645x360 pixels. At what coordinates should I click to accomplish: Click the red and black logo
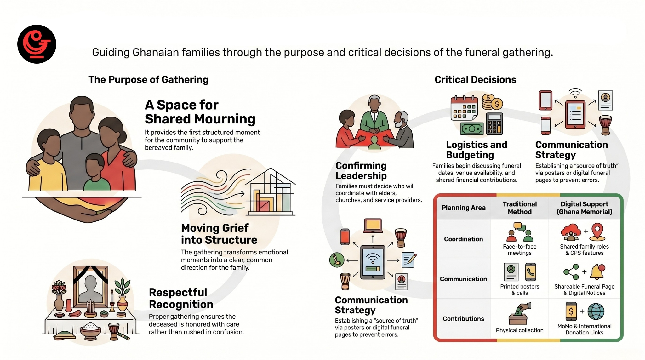37,44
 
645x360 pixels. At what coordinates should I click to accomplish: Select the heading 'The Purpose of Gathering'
148,80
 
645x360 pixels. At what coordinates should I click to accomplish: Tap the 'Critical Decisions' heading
475,80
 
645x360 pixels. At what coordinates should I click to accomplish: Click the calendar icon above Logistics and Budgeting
464,108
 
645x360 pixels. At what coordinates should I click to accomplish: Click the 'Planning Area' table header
463,208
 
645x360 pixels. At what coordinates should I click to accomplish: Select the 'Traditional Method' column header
520,208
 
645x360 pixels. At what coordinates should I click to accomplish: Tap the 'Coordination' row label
463,239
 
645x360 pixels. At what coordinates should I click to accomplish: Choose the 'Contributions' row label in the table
463,319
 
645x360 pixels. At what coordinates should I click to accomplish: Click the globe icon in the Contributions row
596,311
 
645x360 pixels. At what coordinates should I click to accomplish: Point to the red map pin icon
597,231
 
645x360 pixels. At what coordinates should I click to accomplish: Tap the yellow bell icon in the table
597,272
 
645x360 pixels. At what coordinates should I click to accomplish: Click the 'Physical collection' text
520,330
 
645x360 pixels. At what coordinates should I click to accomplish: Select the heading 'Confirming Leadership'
361,170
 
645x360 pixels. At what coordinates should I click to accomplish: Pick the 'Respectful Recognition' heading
181,298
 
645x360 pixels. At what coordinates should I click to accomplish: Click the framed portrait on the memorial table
90,287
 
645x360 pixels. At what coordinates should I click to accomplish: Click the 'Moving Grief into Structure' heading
219,234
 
